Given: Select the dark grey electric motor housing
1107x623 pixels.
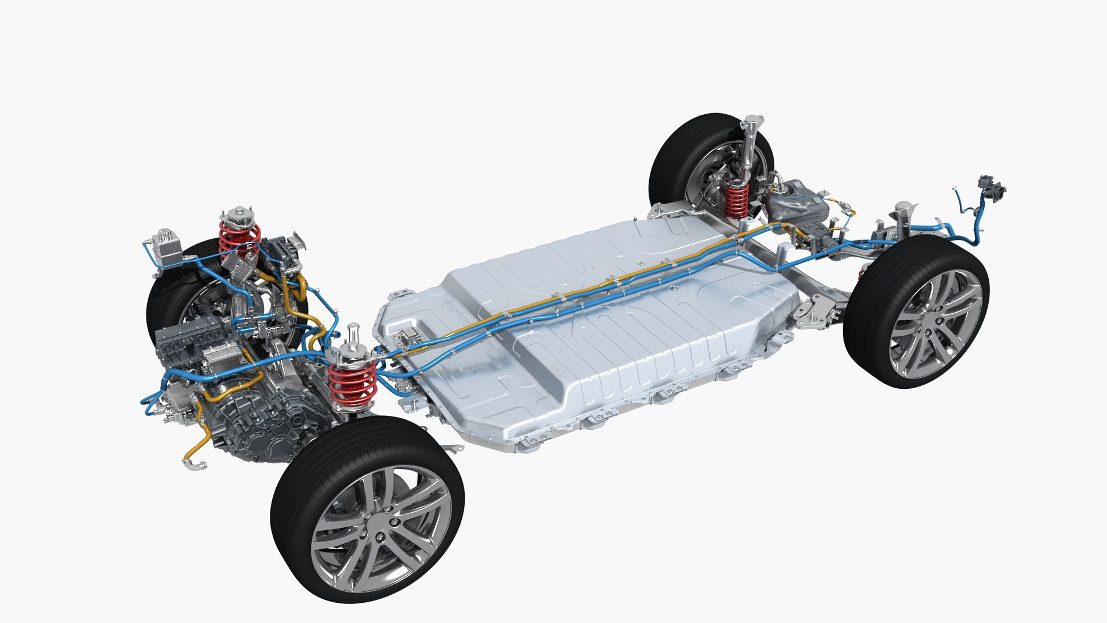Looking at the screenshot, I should click(259, 421).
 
